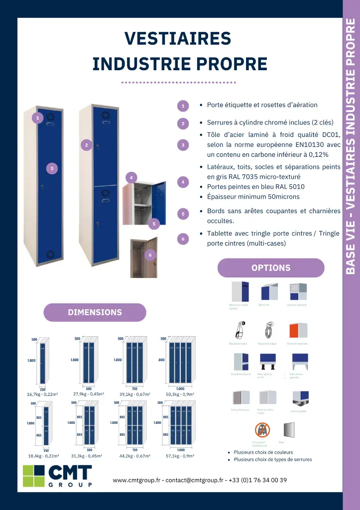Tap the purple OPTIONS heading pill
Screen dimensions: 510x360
point(271,267)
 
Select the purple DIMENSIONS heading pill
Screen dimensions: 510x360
point(95,312)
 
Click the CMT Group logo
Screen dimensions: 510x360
point(58,476)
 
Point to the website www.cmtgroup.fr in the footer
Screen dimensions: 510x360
point(136,480)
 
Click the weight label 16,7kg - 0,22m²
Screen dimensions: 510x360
point(42,394)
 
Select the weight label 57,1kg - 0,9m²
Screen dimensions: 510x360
point(180,455)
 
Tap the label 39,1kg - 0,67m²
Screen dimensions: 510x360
point(134,394)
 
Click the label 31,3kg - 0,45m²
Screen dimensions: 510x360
point(87,455)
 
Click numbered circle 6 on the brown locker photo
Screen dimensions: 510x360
point(150,255)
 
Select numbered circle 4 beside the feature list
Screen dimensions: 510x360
point(183,182)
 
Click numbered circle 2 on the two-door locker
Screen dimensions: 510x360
point(86,145)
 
